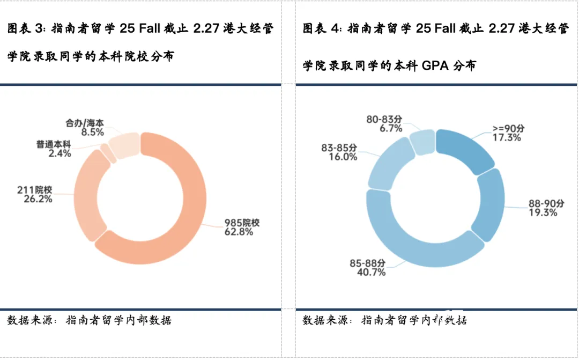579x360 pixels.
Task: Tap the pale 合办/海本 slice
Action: click(124, 144)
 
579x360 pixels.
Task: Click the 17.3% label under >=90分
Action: click(507, 137)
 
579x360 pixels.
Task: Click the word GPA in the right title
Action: click(435, 67)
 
